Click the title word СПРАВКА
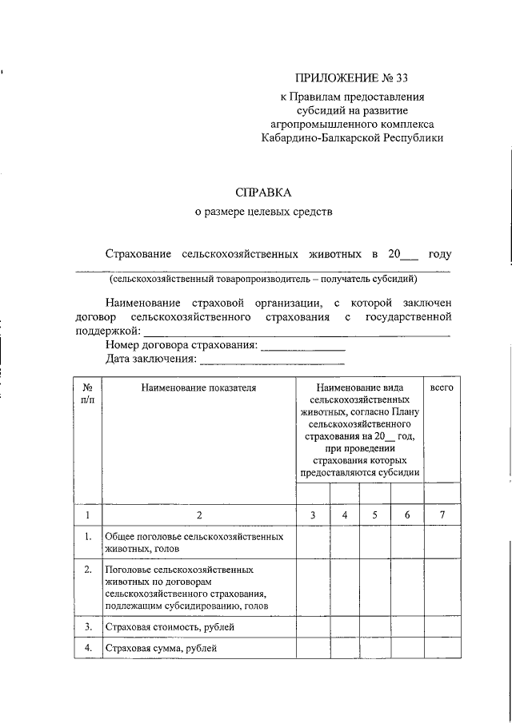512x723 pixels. [x=264, y=193]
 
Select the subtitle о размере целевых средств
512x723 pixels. [x=263, y=213]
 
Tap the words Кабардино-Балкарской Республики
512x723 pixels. [x=352, y=137]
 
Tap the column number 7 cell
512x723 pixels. [x=442, y=515]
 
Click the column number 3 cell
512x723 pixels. [x=314, y=515]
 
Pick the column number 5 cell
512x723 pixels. [x=374, y=515]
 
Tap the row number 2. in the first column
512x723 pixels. [x=87, y=570]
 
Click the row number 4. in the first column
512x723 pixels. [x=87, y=648]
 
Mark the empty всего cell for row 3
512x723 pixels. [x=442, y=627]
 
